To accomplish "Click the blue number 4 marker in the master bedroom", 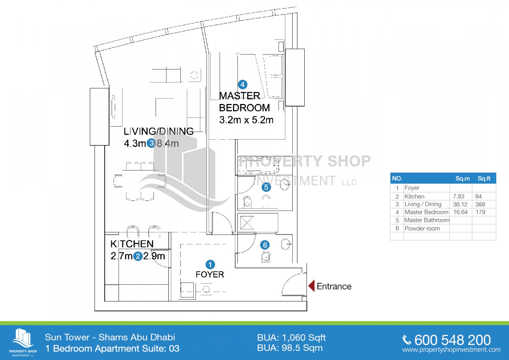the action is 242,85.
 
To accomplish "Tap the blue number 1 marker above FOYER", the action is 210,265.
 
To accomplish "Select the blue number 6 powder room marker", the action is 265,245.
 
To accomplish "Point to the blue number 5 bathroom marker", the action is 266,187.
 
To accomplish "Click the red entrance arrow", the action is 311,286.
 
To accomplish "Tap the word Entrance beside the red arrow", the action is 334,286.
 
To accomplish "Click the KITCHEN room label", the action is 132,244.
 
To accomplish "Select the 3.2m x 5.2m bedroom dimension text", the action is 246,120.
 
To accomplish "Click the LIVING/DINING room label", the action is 159,131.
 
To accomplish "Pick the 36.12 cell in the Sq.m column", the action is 460,204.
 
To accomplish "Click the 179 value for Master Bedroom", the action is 480,212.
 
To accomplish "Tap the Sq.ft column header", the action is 484,178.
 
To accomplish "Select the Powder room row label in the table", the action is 422,228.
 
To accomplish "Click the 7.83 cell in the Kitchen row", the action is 459,196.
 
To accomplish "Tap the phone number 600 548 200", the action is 452,340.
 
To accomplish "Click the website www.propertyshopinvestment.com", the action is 451,350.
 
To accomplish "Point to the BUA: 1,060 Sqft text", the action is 291,338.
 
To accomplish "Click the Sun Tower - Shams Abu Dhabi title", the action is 110,337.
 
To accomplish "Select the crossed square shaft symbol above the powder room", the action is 247,223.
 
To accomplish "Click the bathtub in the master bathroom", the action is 259,166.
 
